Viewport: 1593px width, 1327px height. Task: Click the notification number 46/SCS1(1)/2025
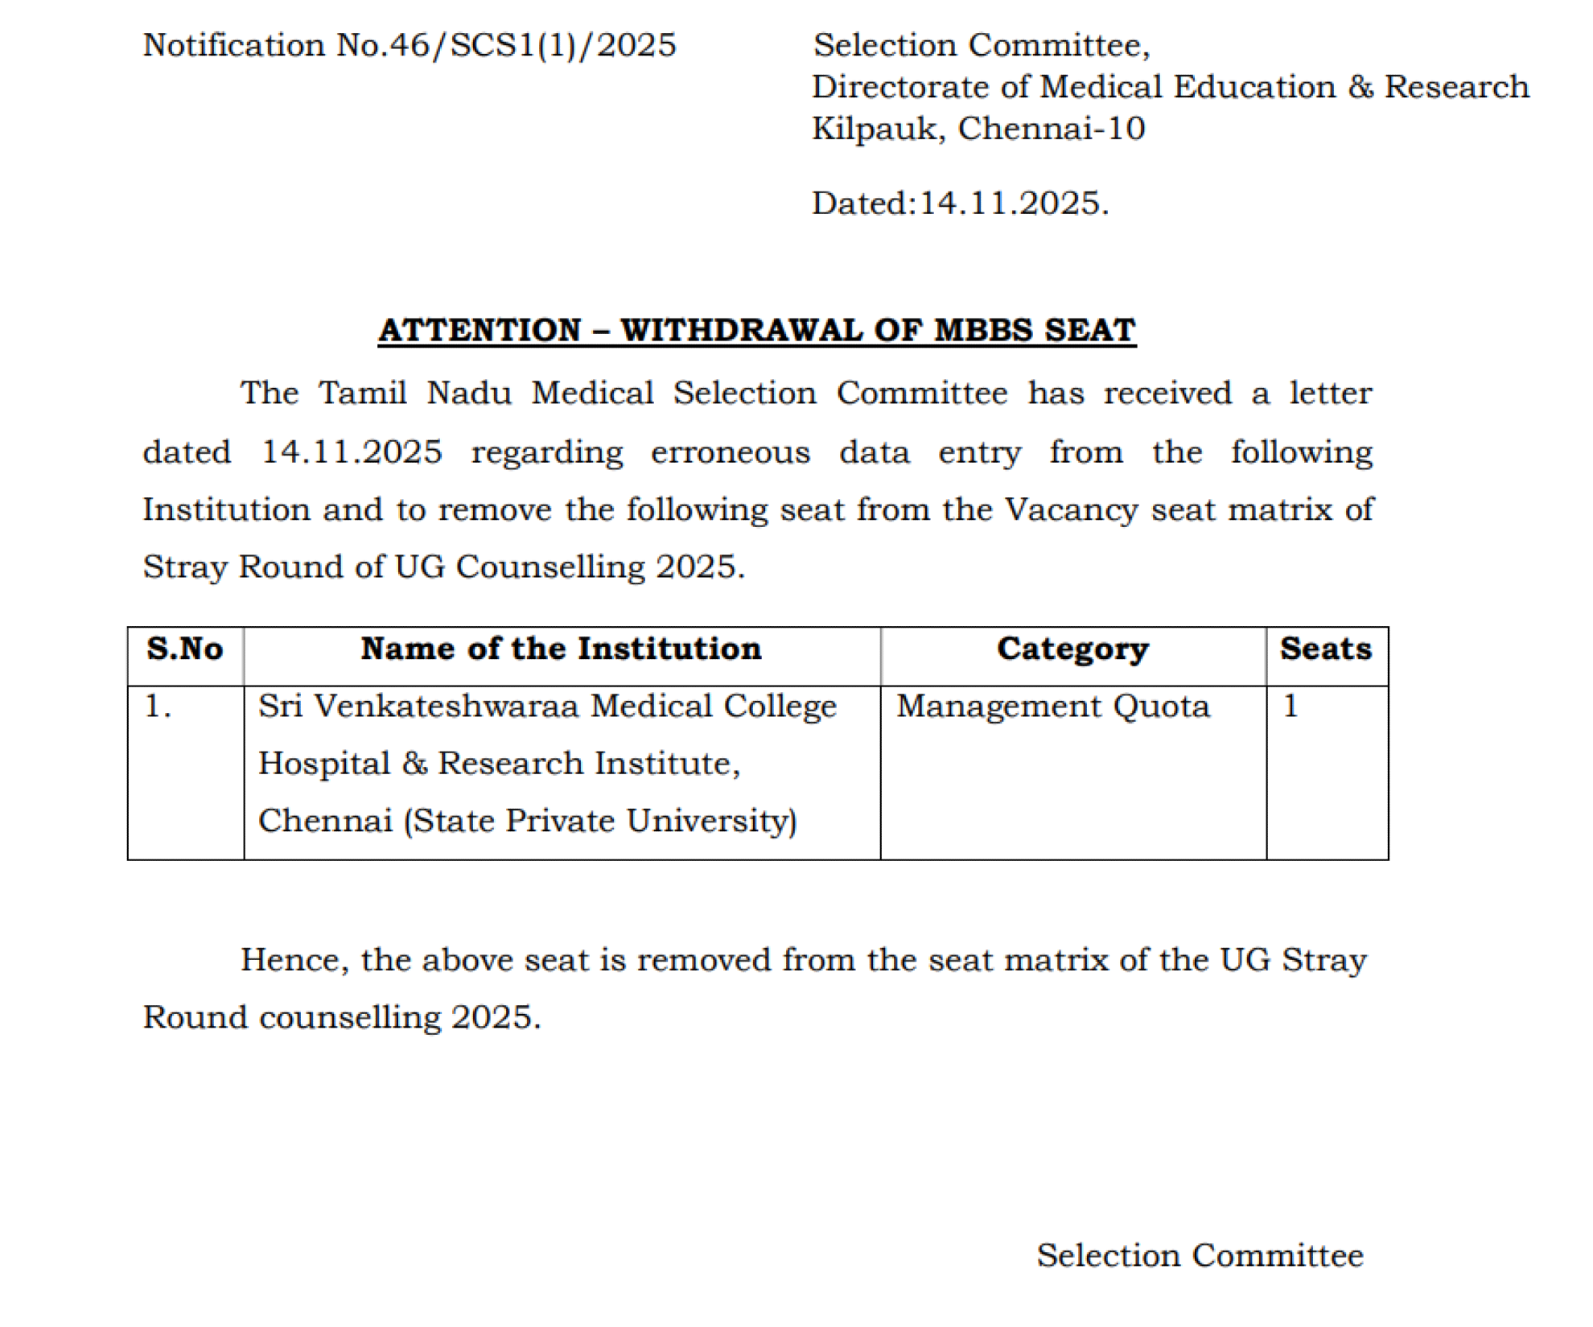506,45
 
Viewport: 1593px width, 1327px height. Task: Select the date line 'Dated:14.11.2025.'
960,203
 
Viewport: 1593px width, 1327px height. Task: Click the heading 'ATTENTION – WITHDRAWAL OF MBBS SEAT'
756,330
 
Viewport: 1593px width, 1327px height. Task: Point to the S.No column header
184,649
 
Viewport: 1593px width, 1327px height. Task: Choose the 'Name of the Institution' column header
561,649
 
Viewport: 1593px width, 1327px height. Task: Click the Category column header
1072,649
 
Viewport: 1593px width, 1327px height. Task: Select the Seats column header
1326,649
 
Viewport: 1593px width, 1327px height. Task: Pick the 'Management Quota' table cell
1052,707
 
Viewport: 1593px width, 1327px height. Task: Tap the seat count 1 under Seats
1290,707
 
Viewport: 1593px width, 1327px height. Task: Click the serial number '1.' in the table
158,707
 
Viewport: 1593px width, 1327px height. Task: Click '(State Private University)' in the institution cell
600,821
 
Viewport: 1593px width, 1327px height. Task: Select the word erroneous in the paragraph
730,452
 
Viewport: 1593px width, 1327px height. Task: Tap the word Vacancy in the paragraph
1071,510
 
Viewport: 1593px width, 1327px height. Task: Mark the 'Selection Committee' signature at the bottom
1199,1255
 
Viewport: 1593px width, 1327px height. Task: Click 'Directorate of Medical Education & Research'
1170,87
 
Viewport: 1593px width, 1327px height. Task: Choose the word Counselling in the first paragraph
550,567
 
